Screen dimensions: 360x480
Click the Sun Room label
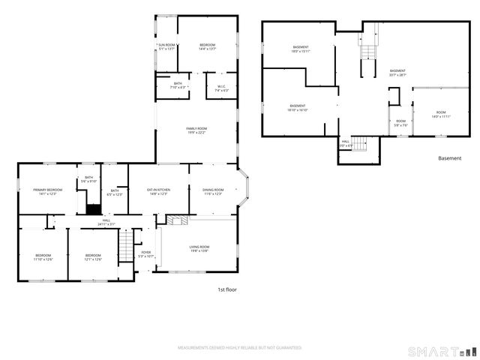(166, 47)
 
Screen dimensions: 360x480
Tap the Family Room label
(196, 130)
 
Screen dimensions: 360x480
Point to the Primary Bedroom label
(47, 192)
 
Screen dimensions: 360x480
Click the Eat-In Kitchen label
(157, 192)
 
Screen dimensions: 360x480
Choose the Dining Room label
(213, 192)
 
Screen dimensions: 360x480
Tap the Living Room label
(199, 249)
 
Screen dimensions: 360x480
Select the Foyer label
(145, 254)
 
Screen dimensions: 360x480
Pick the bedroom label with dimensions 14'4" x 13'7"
(208, 47)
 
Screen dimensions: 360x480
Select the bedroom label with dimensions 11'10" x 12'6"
(43, 257)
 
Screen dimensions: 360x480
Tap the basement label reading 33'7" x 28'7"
(397, 73)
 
